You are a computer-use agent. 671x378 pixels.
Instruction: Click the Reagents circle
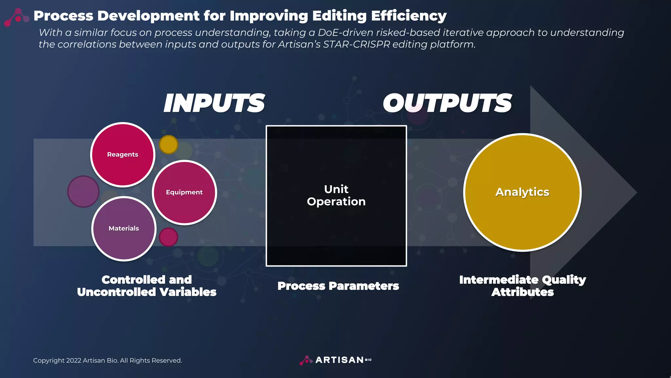123,155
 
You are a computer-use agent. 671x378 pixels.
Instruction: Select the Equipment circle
184,192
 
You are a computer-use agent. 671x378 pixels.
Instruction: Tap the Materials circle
124,228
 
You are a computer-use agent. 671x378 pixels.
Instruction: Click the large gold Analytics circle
522,192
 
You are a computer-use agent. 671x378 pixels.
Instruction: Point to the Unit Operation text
336,195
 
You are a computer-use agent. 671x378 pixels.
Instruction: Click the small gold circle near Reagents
168,144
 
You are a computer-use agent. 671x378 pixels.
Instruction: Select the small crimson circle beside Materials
168,237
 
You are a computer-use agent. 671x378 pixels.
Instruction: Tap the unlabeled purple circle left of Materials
83,191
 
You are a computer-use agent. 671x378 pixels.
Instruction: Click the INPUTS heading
214,103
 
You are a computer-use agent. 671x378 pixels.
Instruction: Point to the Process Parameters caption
338,286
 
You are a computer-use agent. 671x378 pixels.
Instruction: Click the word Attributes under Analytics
522,292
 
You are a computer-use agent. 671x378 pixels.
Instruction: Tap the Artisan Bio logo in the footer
335,360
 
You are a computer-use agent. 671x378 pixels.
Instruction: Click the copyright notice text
107,360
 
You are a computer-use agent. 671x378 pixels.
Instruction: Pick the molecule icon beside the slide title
16,17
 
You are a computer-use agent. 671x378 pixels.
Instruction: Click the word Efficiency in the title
409,16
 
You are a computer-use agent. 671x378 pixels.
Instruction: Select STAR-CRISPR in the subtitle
356,44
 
